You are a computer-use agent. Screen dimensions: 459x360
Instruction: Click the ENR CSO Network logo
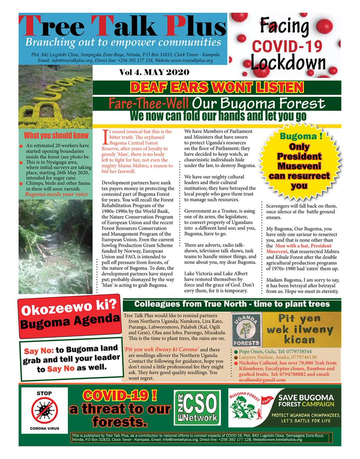click(x=197, y=407)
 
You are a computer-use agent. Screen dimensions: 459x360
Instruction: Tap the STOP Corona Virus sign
click(x=44, y=409)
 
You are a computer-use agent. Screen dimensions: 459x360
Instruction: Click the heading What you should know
click(x=57, y=135)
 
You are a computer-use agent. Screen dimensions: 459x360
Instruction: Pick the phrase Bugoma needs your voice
click(x=56, y=194)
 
